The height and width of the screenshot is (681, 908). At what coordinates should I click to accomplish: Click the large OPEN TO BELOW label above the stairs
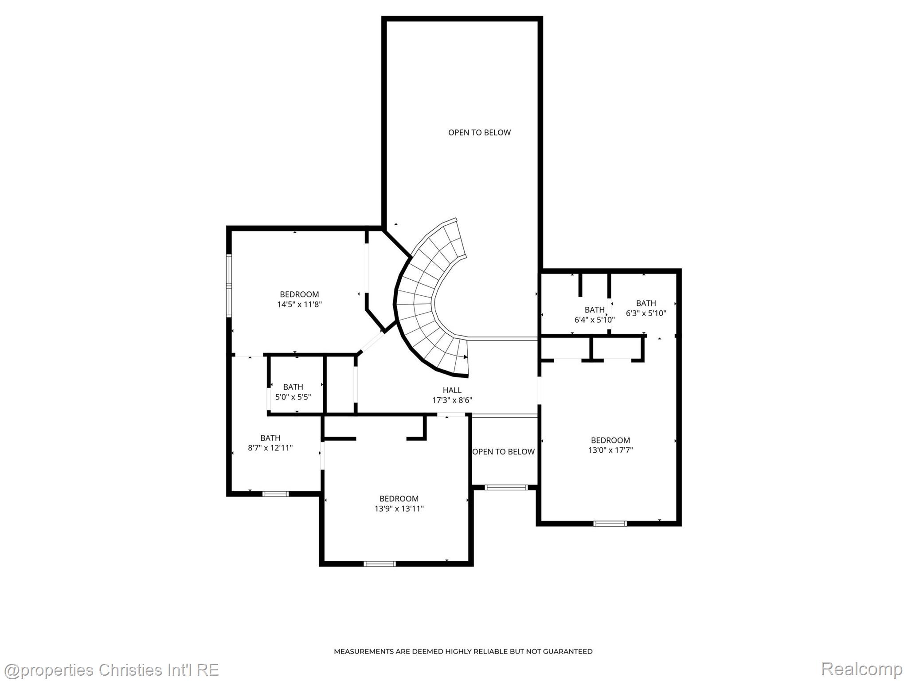479,133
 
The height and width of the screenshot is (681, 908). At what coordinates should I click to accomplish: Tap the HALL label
452,390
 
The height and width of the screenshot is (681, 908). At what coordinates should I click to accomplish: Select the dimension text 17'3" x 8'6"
452,400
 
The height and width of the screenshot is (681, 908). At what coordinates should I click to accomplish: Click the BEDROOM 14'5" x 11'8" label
299,299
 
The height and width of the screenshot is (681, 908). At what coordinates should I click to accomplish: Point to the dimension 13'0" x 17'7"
610,450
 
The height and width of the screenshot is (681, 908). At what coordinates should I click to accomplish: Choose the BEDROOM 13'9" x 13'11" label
399,504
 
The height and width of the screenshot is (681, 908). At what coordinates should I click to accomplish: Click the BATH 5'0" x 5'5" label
293,392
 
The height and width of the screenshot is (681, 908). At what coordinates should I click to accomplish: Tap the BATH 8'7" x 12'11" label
270,443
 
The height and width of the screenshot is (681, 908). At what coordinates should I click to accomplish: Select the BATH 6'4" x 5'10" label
594,315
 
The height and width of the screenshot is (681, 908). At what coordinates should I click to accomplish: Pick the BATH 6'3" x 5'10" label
646,308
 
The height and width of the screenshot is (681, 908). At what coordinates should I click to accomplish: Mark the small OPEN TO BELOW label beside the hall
503,452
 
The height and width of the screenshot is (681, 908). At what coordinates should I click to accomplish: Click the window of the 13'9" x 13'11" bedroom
380,564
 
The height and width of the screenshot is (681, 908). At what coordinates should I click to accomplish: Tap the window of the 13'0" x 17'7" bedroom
610,524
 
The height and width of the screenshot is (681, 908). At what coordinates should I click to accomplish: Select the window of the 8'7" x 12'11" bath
275,494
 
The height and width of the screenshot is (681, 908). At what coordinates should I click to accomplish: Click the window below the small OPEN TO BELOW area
506,488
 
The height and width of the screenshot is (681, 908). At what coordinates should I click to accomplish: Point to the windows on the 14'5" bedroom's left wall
229,285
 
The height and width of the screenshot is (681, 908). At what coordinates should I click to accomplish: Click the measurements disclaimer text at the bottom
463,651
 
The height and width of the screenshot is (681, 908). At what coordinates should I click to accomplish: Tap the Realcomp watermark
861,669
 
